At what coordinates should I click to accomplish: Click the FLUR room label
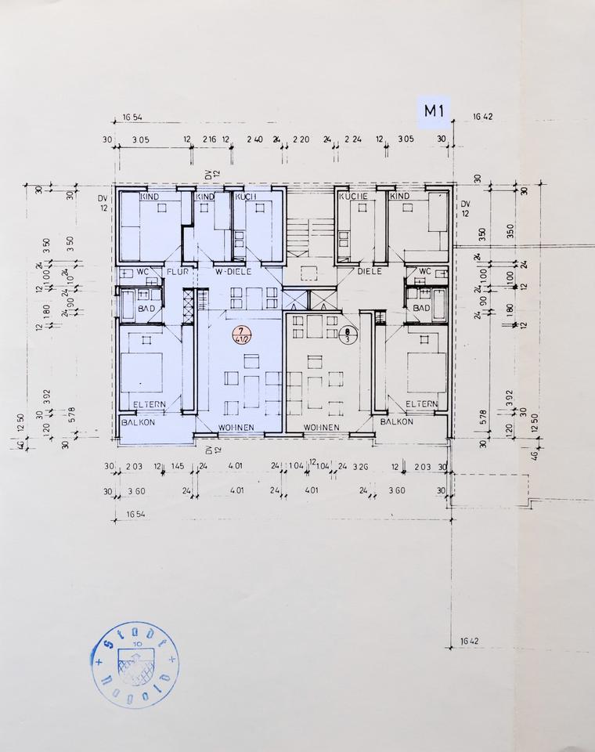[175, 272]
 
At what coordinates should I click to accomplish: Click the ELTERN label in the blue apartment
[148, 404]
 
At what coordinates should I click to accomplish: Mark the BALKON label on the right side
[396, 421]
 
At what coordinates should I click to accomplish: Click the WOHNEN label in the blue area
[237, 427]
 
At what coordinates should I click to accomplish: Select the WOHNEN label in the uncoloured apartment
[321, 427]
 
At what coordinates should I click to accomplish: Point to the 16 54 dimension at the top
[132, 117]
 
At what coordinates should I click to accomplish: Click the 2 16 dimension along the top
[209, 139]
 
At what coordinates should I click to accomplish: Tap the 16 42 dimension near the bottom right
[470, 642]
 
